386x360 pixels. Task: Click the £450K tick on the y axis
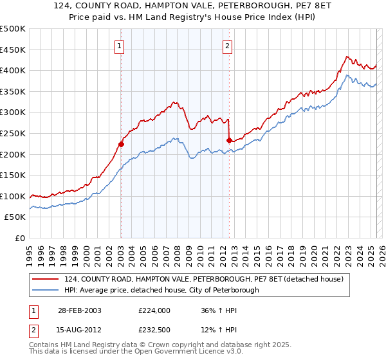tap(13, 50)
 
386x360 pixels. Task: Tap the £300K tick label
tap(13, 113)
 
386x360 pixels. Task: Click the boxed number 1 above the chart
tap(120, 45)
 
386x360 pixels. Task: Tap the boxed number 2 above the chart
tap(228, 45)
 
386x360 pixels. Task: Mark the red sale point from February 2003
tap(121, 145)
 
